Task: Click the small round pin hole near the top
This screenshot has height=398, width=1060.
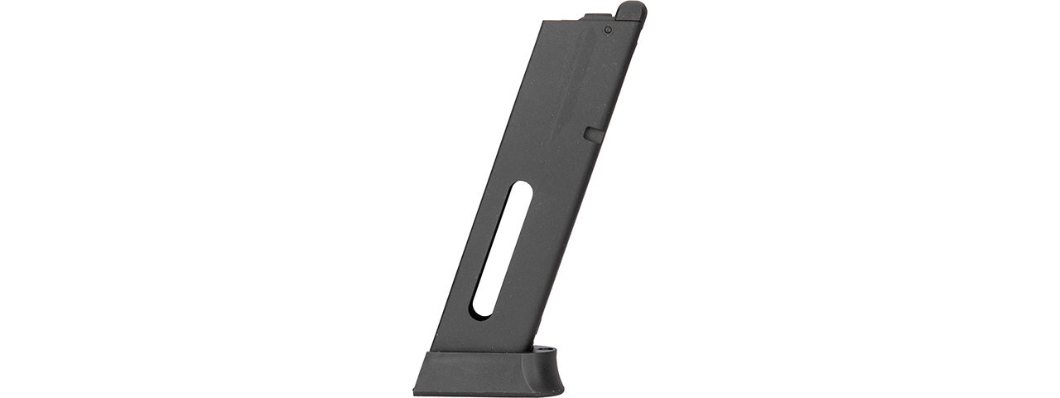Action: point(608,30)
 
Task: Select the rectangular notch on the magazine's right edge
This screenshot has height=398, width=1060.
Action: point(590,132)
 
